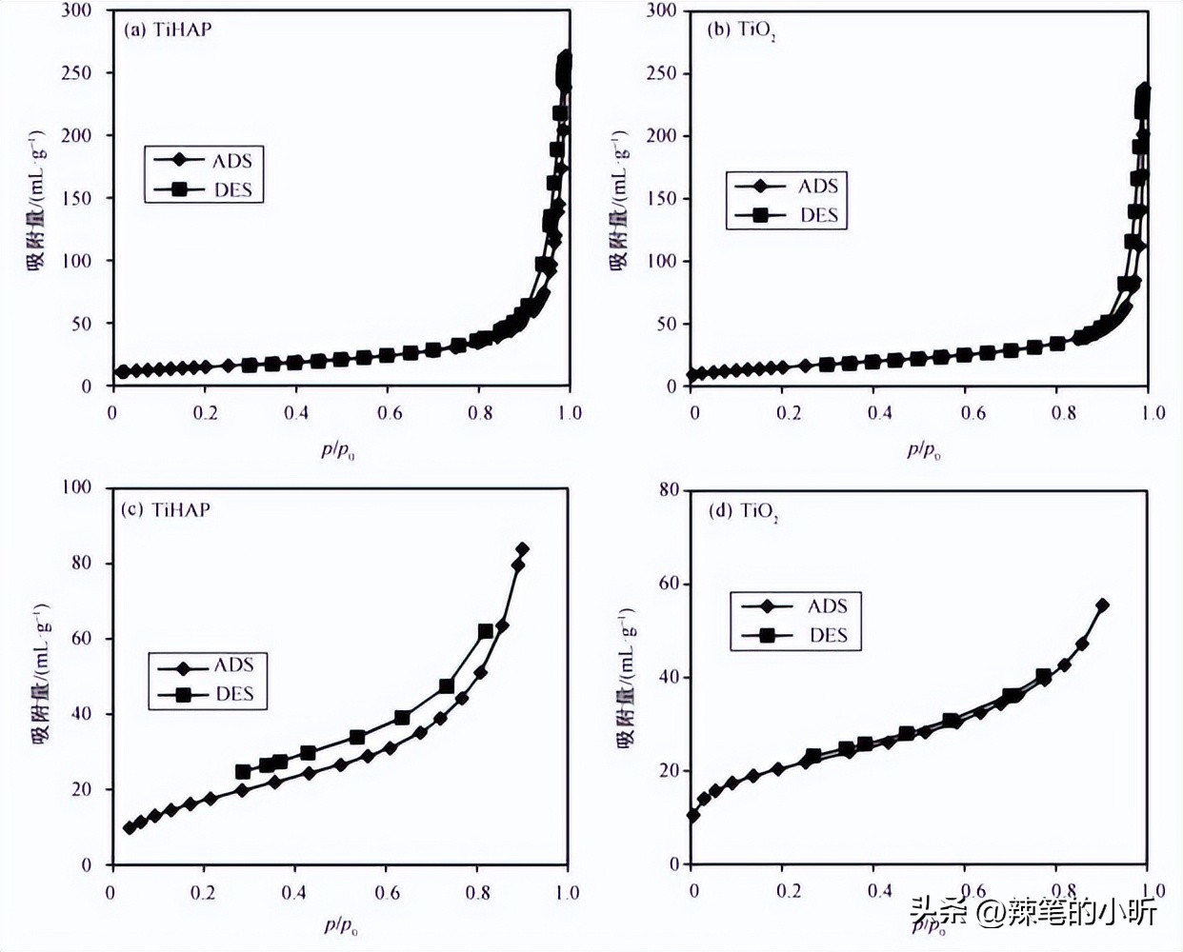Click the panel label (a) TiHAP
(168, 29)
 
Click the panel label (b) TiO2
(742, 30)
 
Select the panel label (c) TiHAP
(167, 509)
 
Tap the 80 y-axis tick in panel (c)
(81, 563)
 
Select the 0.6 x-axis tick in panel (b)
(972, 413)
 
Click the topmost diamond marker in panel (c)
(522, 549)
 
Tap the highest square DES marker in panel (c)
(485, 631)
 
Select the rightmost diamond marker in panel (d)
(1102, 605)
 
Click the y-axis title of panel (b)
(619, 200)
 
